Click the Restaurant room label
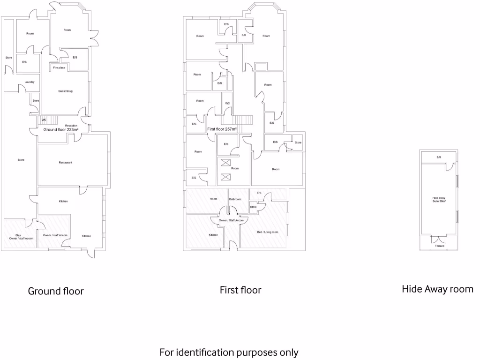tap(65, 163)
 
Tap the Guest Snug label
tap(65, 91)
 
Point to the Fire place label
tap(59, 68)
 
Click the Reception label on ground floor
tap(71, 126)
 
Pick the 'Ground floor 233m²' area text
tap(61, 130)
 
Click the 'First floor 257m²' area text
tap(222, 129)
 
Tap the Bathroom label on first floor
tap(234, 199)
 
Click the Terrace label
tap(439, 246)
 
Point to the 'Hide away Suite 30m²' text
tap(439, 200)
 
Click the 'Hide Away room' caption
tap(437, 289)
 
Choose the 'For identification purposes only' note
tap(229, 352)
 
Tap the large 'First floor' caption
tap(240, 290)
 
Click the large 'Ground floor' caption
tap(56, 291)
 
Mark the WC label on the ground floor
tap(44, 120)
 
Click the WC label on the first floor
tap(227, 104)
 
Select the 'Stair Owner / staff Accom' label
tap(19, 237)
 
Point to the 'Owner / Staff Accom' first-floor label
tap(231, 220)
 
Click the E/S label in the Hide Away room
tap(439, 157)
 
